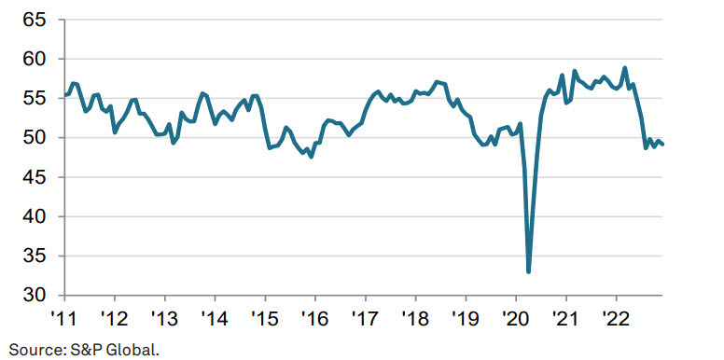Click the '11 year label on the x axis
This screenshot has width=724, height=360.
(x=63, y=316)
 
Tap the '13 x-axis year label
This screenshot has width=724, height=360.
(x=164, y=316)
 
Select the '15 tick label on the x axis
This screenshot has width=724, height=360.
(x=265, y=316)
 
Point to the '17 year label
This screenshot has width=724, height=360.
(x=366, y=316)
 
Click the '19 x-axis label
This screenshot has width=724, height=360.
(x=466, y=316)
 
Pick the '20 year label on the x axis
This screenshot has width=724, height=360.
(x=516, y=316)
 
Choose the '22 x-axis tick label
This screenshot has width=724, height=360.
(x=616, y=316)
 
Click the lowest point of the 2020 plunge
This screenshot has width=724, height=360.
(x=529, y=271)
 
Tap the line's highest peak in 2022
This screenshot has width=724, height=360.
(x=624, y=68)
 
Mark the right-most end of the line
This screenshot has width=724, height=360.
(x=662, y=144)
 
